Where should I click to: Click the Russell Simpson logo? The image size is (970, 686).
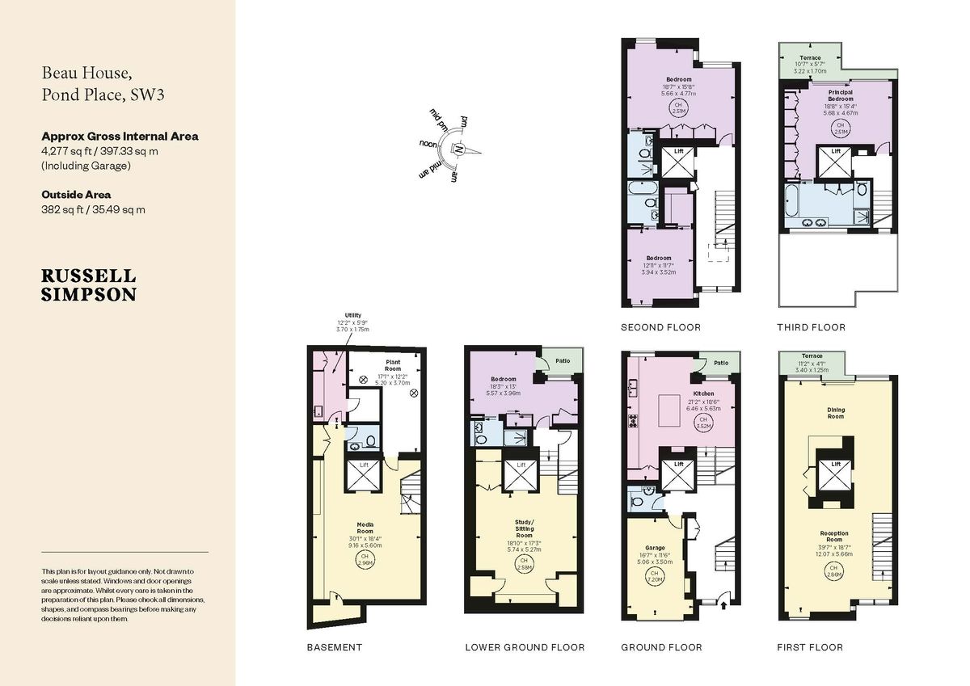(89, 285)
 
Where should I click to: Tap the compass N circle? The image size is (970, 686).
(459, 149)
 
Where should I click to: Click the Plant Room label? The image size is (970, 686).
(394, 368)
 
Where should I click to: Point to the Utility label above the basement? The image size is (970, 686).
(352, 315)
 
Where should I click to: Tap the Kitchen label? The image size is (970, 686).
(702, 394)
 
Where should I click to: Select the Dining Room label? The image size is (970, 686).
(835, 410)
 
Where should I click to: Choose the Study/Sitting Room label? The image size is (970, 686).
(524, 528)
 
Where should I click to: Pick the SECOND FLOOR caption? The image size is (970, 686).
(660, 327)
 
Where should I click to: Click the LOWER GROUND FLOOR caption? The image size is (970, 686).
(524, 647)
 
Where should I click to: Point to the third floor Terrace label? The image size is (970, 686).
(811, 58)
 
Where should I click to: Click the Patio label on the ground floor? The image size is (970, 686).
(720, 363)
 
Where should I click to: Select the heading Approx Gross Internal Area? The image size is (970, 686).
(120, 136)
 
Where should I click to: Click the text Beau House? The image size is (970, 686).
(82, 73)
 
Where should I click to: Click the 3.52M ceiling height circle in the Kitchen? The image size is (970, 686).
(702, 421)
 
